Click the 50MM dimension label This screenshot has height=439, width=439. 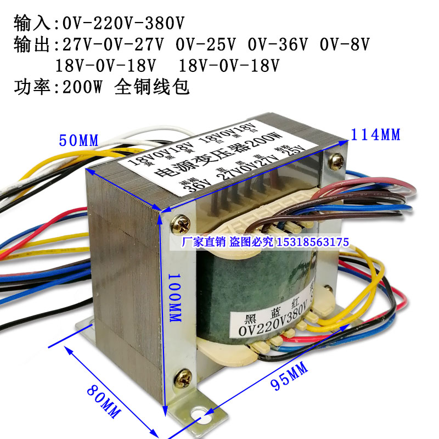pyautogui.click(x=79, y=140)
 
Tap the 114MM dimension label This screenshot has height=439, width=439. pyautogui.click(x=375, y=133)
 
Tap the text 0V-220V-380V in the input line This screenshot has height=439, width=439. pyautogui.click(x=123, y=24)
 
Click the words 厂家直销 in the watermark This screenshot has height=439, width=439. pyautogui.click(x=200, y=242)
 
